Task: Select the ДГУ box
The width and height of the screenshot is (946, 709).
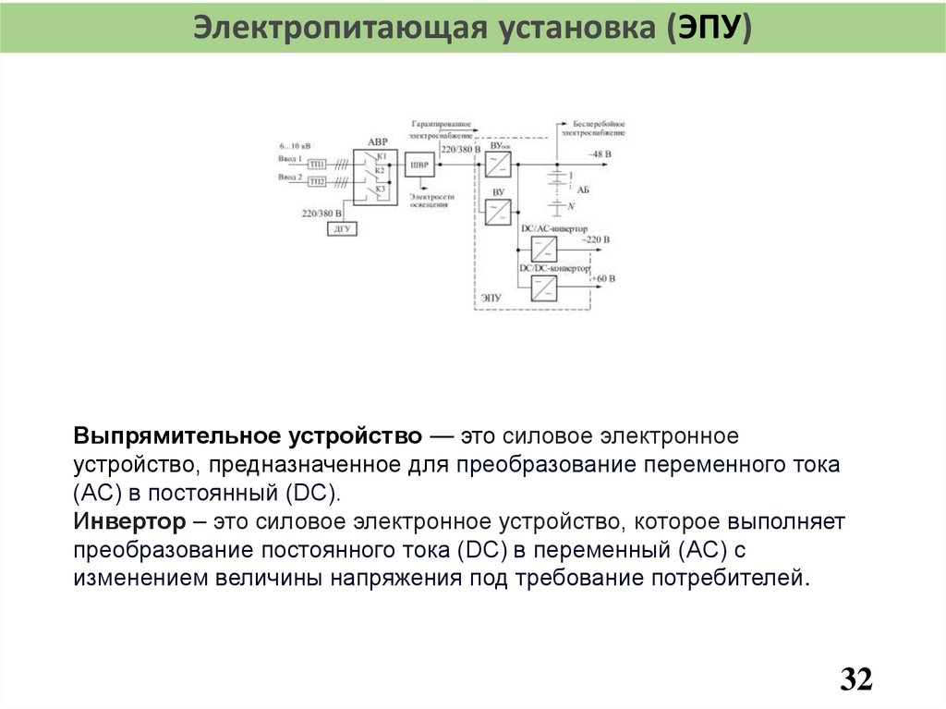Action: click(342, 228)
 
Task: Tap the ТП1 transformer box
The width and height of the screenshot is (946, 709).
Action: click(317, 164)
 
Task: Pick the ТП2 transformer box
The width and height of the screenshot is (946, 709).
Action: click(317, 181)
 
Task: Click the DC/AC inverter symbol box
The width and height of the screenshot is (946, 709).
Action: click(543, 249)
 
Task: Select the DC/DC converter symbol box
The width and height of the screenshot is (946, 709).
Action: click(543, 287)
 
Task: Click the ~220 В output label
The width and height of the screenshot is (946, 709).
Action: click(595, 239)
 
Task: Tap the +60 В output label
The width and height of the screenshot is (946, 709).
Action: click(602, 277)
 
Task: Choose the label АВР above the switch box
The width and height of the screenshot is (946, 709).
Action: click(378, 142)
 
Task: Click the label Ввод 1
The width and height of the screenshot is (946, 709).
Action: click(290, 158)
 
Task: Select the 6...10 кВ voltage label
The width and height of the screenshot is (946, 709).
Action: click(295, 146)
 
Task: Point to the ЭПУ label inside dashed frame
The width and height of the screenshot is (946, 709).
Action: click(491, 298)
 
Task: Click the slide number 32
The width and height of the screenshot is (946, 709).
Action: click(856, 679)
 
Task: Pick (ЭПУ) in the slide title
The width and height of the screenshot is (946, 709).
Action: click(707, 27)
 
